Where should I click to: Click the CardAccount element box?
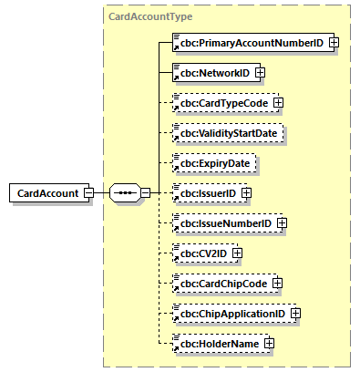point(46,193)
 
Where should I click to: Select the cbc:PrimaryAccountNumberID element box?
point(249,42)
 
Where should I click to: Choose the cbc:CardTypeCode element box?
point(221,102)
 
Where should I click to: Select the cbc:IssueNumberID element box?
point(223,222)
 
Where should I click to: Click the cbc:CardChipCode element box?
point(221,283)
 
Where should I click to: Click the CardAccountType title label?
point(150,16)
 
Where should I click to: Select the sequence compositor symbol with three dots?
point(125,193)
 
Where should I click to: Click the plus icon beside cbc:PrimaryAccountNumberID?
point(334,42)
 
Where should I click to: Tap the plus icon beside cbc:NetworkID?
point(260,72)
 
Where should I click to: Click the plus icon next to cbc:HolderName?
point(270,343)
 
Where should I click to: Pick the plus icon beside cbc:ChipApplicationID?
point(295,314)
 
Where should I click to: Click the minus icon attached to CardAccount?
point(87,193)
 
